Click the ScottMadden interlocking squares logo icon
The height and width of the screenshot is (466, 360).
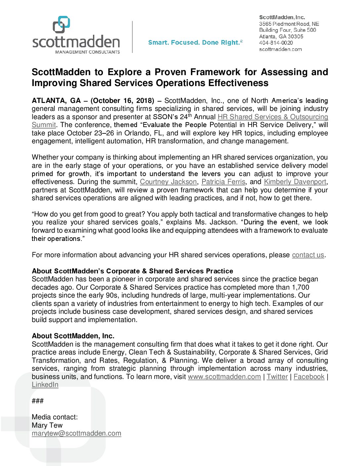[x=61, y=24]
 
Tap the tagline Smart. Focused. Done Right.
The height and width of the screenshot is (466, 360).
[x=195, y=42]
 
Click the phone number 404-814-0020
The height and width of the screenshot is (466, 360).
[x=276, y=43]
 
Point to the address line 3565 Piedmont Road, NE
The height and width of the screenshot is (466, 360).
[x=289, y=24]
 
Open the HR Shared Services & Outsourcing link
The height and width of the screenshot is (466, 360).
[x=273, y=117]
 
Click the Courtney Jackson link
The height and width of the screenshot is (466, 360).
[x=168, y=182]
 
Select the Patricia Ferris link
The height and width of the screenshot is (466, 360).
[x=223, y=182]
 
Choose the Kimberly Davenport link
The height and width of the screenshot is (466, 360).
[x=295, y=182]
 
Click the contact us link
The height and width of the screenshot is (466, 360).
[x=308, y=255]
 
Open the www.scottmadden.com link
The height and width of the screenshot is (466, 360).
[x=224, y=377]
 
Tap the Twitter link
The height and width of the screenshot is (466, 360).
[x=277, y=377]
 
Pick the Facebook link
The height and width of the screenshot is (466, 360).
[x=309, y=377]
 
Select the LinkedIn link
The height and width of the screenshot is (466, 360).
[x=45, y=385]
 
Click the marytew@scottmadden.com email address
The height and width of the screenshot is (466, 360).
[x=76, y=433]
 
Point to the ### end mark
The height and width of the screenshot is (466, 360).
[x=38, y=401]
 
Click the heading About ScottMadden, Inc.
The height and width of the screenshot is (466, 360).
[x=73, y=336]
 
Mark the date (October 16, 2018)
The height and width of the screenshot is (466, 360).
[x=122, y=101]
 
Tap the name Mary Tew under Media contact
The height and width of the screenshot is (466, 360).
[x=47, y=425]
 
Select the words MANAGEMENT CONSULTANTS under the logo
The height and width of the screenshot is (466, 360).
[x=87, y=52]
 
